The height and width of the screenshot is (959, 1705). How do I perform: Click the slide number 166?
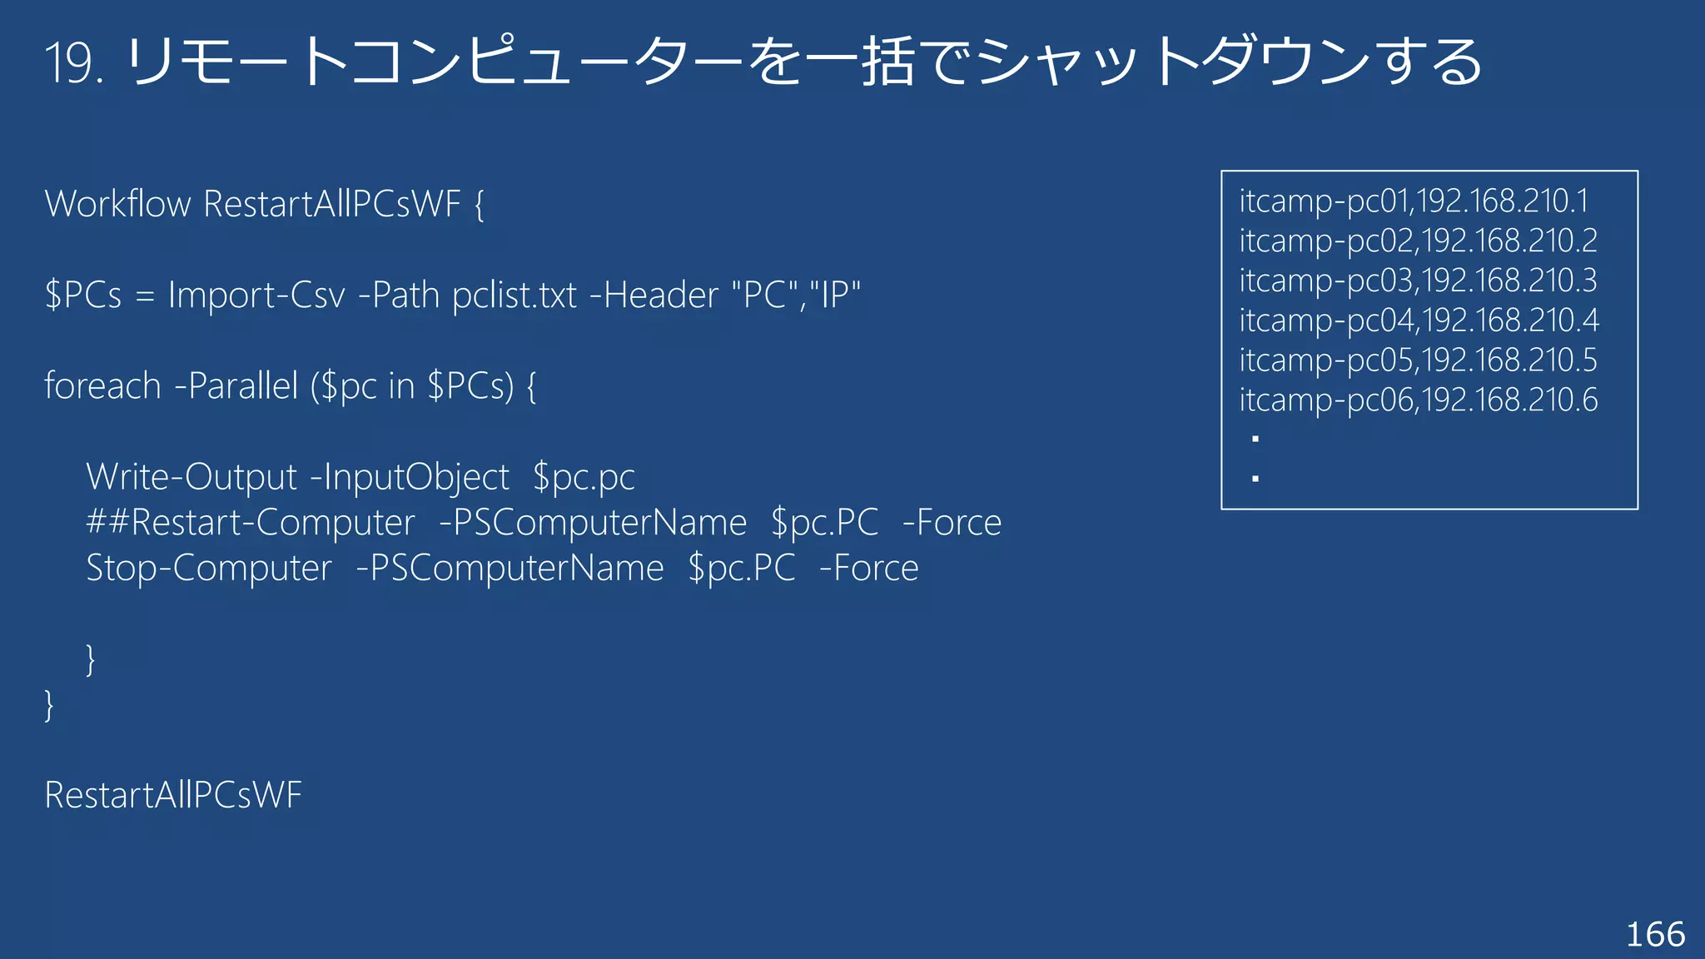pos(1655,935)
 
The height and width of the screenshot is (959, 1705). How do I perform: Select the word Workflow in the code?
pos(117,204)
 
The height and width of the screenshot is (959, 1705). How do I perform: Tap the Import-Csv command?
pos(256,296)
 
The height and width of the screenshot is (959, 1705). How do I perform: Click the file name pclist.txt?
pos(514,296)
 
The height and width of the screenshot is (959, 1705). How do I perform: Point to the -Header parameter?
pos(654,296)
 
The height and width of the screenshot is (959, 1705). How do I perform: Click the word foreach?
pos(102,386)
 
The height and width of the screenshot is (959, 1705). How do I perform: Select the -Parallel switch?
pos(236,386)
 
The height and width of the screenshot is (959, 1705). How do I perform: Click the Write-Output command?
pos(191,477)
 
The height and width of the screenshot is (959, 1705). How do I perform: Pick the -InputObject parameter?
pos(409,477)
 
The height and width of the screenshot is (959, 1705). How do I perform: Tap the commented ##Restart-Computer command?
pos(251,523)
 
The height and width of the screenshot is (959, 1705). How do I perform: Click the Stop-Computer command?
pos(209,569)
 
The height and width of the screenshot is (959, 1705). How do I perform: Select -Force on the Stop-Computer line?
pos(868,569)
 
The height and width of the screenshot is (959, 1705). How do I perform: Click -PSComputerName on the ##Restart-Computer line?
pos(592,523)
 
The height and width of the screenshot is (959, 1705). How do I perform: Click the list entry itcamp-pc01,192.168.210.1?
pos(1414,201)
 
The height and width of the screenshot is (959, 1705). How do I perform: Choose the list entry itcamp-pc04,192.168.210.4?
pos(1419,320)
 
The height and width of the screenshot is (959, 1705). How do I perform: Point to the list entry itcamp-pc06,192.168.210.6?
pos(1419,400)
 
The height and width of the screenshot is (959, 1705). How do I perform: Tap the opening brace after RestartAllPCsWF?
pos(479,205)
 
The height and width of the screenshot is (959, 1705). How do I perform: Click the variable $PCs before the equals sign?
pos(83,296)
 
